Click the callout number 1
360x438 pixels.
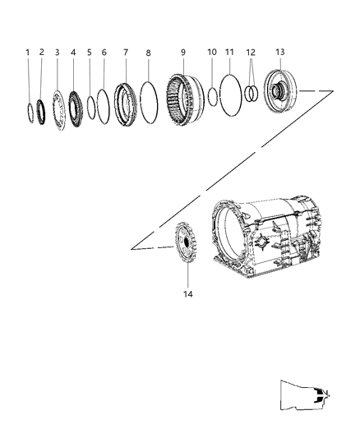point(27,52)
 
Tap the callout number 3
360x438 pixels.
point(58,52)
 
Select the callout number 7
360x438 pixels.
point(126,52)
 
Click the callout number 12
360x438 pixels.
point(251,52)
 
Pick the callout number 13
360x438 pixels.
point(279,52)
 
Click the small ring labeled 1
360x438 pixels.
point(30,111)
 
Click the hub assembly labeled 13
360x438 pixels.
point(283,95)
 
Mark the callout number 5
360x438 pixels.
point(90,52)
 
